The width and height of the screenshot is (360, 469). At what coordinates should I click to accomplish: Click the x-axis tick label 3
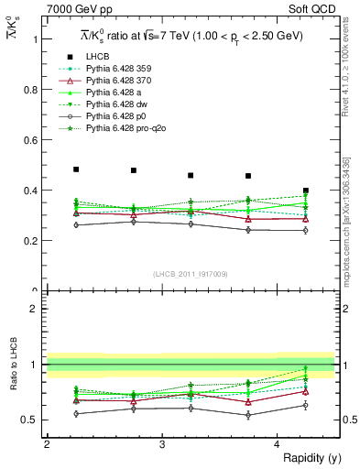[x=161, y=444]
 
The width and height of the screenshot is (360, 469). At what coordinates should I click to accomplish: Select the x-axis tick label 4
[x=278, y=444]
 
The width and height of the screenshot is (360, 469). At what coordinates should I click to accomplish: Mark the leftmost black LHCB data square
[x=76, y=169]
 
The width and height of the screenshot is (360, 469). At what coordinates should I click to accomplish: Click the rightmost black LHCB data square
[x=306, y=191]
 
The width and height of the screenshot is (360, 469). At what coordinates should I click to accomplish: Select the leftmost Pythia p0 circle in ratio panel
[x=76, y=413]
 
